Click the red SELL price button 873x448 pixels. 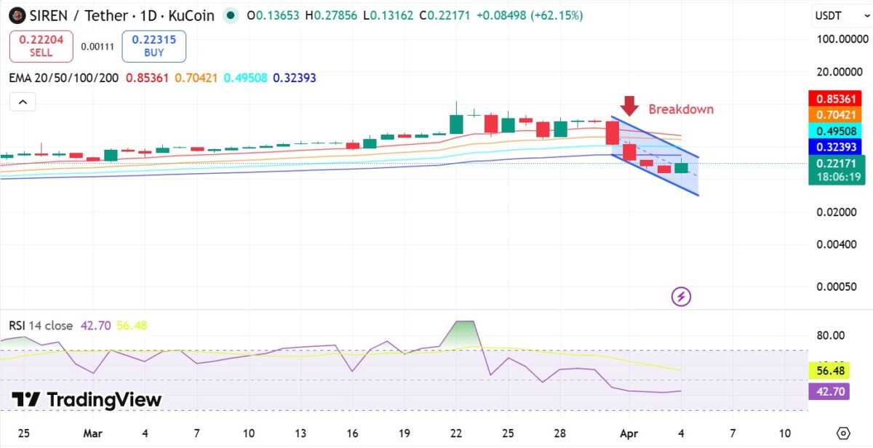41,47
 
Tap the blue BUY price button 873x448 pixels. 154,47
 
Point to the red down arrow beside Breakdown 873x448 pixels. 629,106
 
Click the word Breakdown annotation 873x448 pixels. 681,109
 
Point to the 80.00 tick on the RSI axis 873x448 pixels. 830,335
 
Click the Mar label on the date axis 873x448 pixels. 92,433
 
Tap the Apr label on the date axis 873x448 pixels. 629,433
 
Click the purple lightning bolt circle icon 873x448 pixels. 682,296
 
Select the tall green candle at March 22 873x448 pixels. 456,124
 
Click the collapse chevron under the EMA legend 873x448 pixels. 23,102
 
